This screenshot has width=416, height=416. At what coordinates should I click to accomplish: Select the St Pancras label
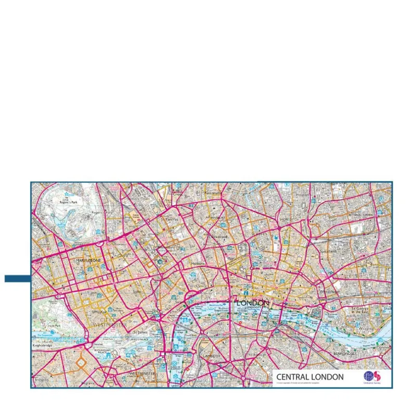coord(170,220)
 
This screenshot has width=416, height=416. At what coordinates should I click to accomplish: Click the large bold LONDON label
coord(253,303)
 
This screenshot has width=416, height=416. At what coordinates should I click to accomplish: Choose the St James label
coord(140,331)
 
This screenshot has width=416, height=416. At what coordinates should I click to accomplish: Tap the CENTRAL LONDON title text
coord(310,377)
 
